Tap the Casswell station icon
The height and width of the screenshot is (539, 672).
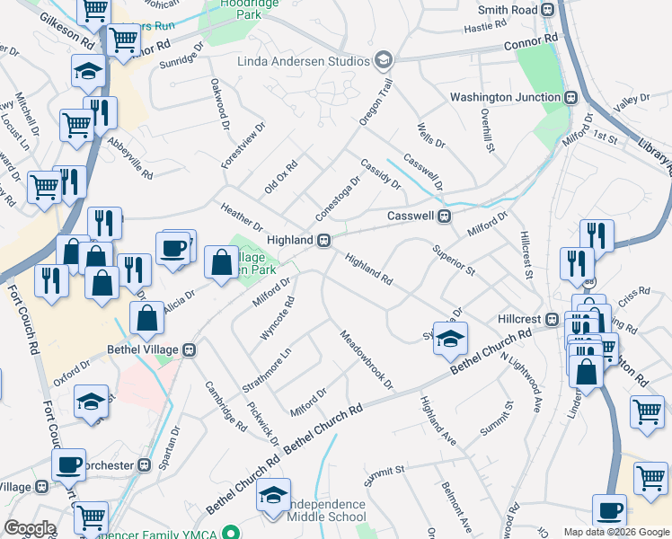tap(443, 216)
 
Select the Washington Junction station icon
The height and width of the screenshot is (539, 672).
tap(570, 97)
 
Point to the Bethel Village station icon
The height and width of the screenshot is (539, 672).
tap(189, 349)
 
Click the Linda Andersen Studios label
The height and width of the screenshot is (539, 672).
tap(304, 61)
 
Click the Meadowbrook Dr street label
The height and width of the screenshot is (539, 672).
tap(367, 360)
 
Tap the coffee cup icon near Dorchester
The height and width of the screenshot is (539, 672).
tap(68, 465)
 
